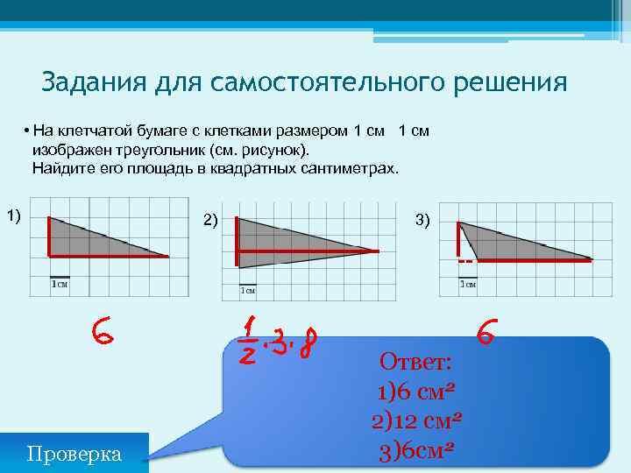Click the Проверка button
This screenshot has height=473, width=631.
74,453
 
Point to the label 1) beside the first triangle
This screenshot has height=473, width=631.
14,215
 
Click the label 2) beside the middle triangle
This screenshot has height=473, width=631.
211,219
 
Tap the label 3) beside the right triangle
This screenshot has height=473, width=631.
422,219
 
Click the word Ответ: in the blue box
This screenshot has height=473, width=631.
415,361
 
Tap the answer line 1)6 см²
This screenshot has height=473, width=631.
415,391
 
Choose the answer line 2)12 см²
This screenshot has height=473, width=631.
415,420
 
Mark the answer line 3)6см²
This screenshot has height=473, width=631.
415,450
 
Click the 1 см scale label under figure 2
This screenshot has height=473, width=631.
248,290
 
